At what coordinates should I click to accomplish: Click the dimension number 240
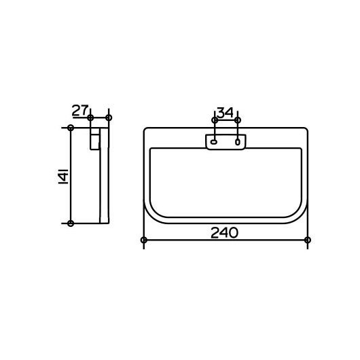(x=224, y=232)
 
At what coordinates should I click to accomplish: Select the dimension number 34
(x=225, y=113)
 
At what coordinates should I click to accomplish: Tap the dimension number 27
(x=80, y=111)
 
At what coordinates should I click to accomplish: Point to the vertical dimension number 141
(x=64, y=176)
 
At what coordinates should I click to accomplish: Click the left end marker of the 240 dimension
(x=144, y=240)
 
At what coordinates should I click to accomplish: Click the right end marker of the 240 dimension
(x=308, y=240)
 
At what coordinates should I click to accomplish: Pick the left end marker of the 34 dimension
(x=215, y=120)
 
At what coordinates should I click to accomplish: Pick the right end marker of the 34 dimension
(x=238, y=120)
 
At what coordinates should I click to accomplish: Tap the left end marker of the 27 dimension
(x=90, y=118)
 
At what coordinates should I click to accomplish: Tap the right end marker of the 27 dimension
(x=109, y=118)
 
